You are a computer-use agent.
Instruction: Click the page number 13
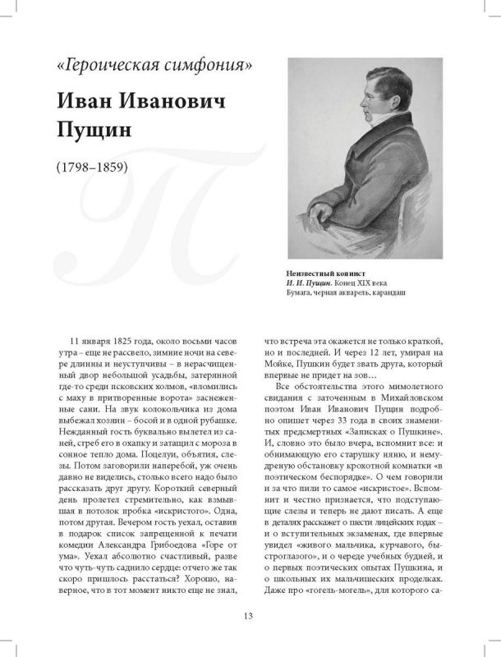[x=250, y=617]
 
